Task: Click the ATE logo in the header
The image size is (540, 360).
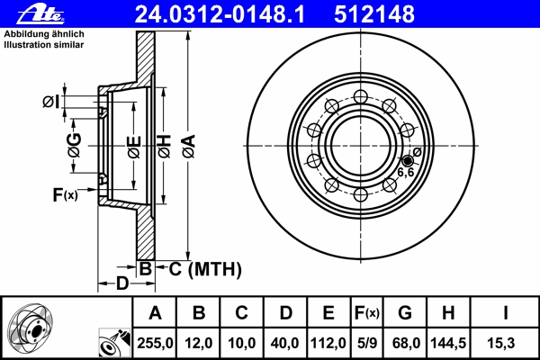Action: pyautogui.click(x=40, y=14)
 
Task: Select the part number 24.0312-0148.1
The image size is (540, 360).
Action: pyautogui.click(x=220, y=14)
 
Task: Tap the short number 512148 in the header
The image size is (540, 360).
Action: pyautogui.click(x=374, y=14)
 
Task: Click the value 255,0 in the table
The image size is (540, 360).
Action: pyautogui.click(x=155, y=343)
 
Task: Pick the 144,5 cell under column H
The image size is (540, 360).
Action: pyautogui.click(x=448, y=343)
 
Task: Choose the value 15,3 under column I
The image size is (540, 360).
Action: pyautogui.click(x=500, y=343)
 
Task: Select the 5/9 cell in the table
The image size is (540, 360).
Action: pyautogui.click(x=367, y=343)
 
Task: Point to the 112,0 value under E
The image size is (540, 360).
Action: pyautogui.click(x=328, y=343)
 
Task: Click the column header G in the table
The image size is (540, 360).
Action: pyautogui.click(x=405, y=313)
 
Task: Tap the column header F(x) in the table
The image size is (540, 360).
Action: pyautogui.click(x=367, y=313)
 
